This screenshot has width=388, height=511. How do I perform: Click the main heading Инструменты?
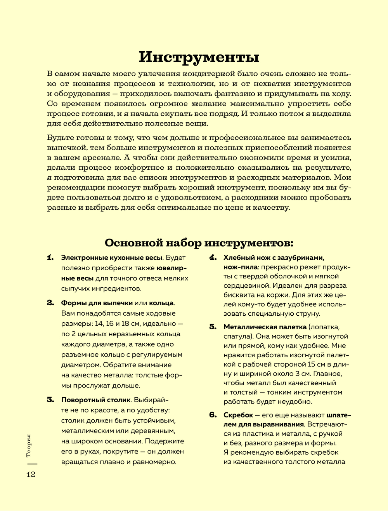[199, 57]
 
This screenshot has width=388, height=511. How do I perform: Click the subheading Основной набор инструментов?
[199, 243]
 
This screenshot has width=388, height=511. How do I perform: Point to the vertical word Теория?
[29, 445]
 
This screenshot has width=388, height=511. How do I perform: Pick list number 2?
[50, 303]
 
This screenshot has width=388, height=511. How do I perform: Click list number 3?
[50, 400]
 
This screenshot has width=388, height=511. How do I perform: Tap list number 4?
[213, 258]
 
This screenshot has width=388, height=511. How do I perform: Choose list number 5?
[213, 327]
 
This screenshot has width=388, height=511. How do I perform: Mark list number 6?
[213, 415]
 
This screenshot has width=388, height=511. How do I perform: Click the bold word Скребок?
[238, 415]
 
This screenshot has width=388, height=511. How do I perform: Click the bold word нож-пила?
[241, 267]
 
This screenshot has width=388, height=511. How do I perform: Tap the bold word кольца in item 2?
[161, 303]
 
